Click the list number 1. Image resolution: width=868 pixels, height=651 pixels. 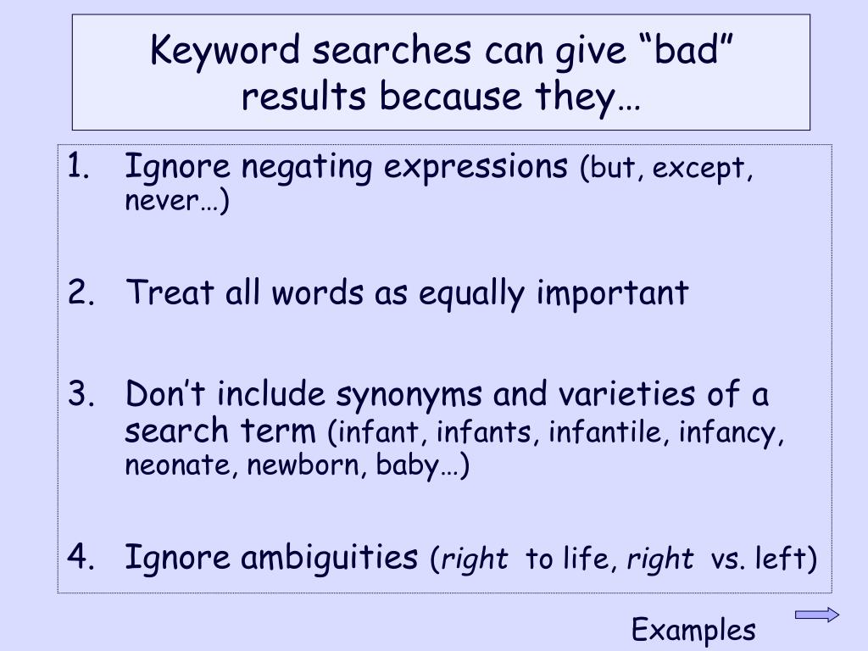78,165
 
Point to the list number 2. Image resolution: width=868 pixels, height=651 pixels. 81,292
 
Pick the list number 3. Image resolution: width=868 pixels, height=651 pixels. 81,393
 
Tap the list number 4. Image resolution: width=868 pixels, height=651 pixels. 81,556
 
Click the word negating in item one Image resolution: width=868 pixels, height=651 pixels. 307,167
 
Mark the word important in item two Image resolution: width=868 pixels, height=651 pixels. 612,292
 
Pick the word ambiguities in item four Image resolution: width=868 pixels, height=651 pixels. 329,558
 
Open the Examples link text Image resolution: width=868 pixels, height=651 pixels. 693,630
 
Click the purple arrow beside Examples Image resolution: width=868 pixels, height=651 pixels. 817,615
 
